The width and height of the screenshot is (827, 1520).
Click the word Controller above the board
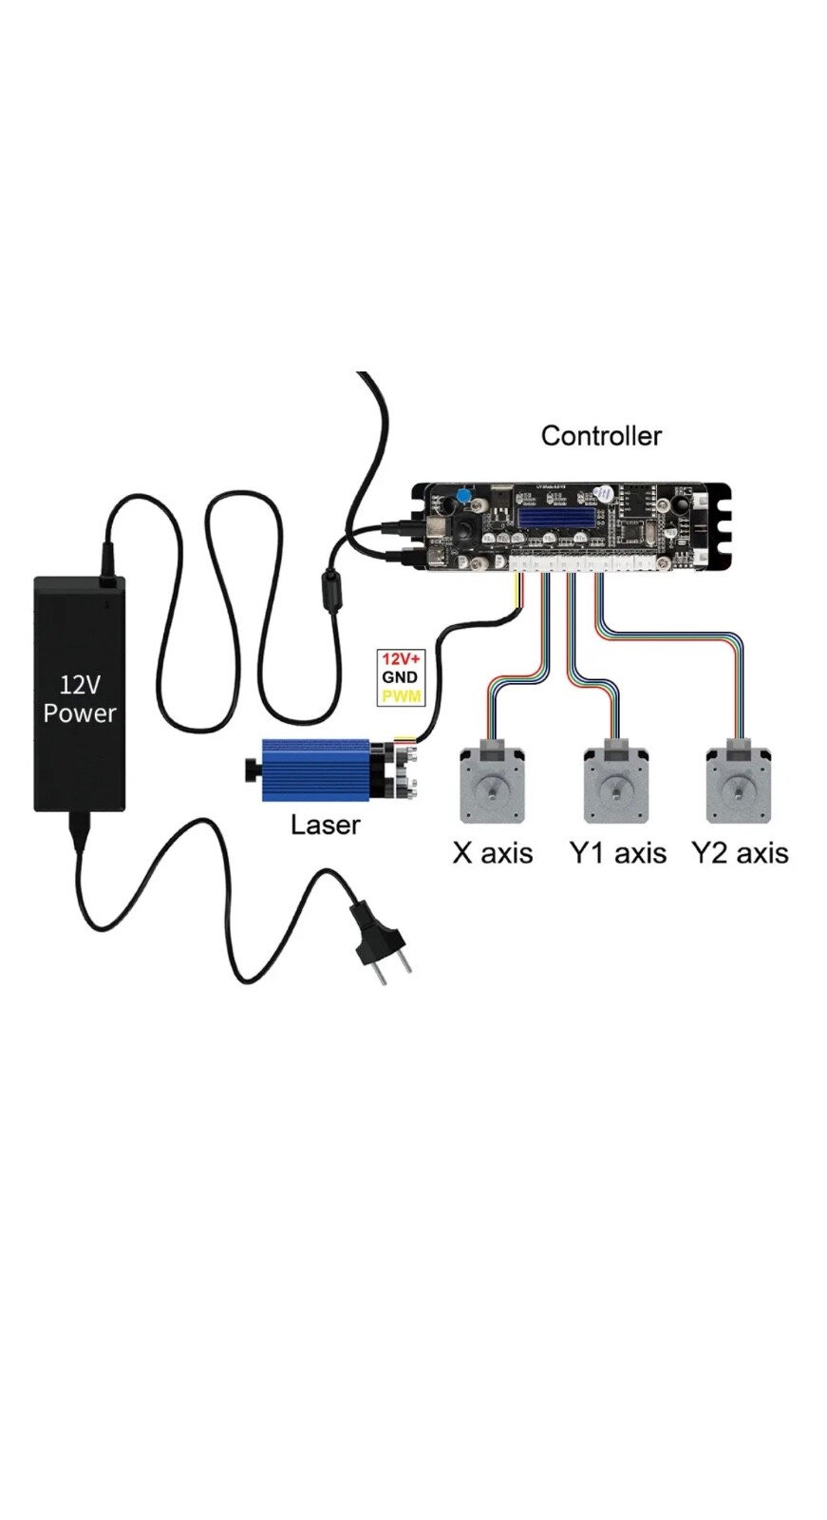(x=600, y=436)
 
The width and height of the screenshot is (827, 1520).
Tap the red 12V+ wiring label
(x=400, y=658)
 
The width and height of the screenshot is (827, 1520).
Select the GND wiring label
(x=400, y=677)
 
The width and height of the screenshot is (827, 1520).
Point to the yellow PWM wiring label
(x=401, y=696)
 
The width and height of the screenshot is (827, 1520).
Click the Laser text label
(x=325, y=825)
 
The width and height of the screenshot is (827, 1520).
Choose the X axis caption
(x=492, y=853)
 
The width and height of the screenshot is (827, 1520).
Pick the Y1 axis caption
(x=617, y=853)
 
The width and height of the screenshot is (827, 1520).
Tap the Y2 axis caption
(x=740, y=853)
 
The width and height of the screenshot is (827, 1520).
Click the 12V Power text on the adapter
(x=80, y=699)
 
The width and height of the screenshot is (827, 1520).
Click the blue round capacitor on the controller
(x=462, y=496)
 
